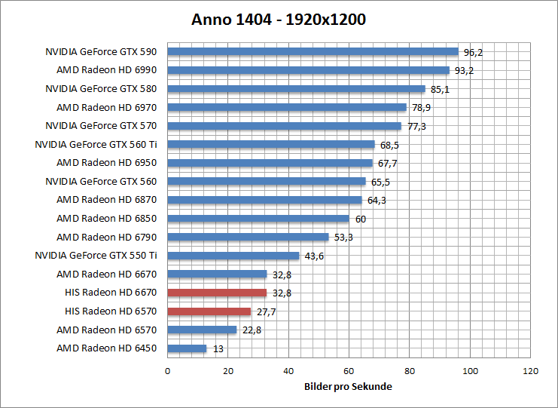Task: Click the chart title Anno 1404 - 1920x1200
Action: tap(279, 20)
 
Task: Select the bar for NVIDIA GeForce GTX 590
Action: tap(313, 52)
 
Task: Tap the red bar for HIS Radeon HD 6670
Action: tap(217, 293)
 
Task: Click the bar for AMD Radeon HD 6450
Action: tap(187, 348)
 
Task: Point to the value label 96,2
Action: tap(473, 53)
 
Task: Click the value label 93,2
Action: tap(464, 71)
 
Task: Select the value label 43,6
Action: tap(314, 256)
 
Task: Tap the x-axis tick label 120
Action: tap(530, 371)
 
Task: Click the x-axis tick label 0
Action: tap(167, 371)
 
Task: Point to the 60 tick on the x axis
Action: tap(349, 371)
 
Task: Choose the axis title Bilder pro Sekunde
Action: tap(349, 387)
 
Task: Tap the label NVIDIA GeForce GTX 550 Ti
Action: tap(96, 256)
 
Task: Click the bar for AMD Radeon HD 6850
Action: tap(258, 219)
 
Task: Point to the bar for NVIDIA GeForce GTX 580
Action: tap(296, 89)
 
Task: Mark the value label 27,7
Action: tap(266, 311)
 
